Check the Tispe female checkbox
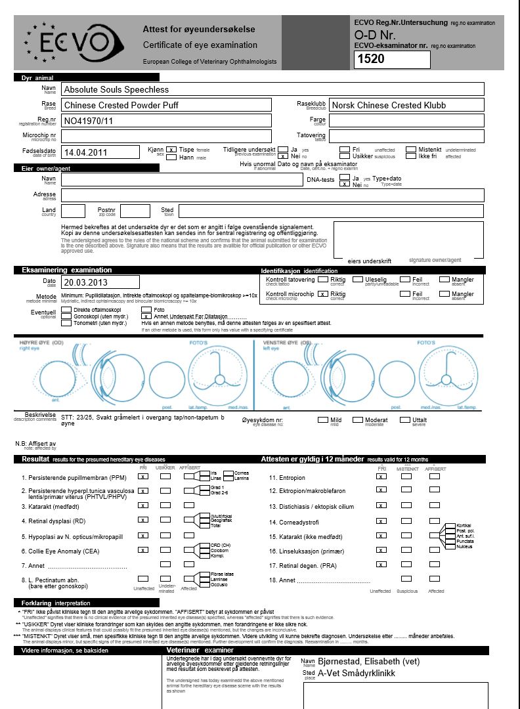point(171,150)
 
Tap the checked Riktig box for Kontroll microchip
point(322,294)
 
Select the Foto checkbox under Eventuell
point(146,309)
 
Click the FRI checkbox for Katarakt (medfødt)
point(143,505)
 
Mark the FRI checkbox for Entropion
point(380,477)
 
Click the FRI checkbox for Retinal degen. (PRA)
point(380,564)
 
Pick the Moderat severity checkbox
point(358,419)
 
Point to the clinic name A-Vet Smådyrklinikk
point(357,673)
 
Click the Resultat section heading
point(36,459)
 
